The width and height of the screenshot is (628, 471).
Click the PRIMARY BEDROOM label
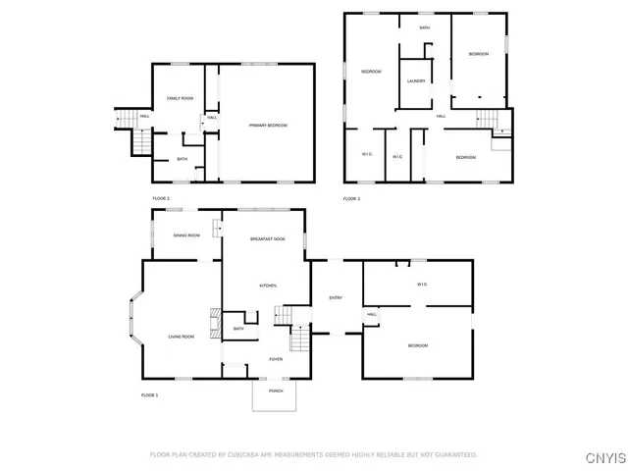click(x=268, y=125)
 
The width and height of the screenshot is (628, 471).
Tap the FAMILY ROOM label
click(x=180, y=99)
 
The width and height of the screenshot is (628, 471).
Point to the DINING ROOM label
click(x=186, y=235)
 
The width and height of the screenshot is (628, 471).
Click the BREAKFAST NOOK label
click(x=268, y=239)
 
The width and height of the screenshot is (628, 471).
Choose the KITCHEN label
click(x=268, y=286)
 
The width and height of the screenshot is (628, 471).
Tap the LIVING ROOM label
click(x=181, y=337)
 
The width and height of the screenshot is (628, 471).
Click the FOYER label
click(x=277, y=359)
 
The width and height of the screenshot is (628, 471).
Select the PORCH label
click(x=277, y=391)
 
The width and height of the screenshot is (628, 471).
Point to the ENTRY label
click(x=336, y=298)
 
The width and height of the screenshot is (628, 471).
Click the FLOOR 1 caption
click(x=150, y=394)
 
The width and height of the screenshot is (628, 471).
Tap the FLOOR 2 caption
click(x=161, y=199)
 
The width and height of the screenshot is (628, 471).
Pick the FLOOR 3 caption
click(x=351, y=199)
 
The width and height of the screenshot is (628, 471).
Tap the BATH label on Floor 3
click(x=425, y=27)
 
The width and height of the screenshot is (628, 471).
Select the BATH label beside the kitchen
click(x=238, y=329)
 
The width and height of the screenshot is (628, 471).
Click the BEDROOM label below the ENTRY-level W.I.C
click(x=418, y=345)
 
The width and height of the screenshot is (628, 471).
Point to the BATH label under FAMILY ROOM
click(x=182, y=159)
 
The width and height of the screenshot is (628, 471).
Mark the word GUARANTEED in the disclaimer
click(x=457, y=455)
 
